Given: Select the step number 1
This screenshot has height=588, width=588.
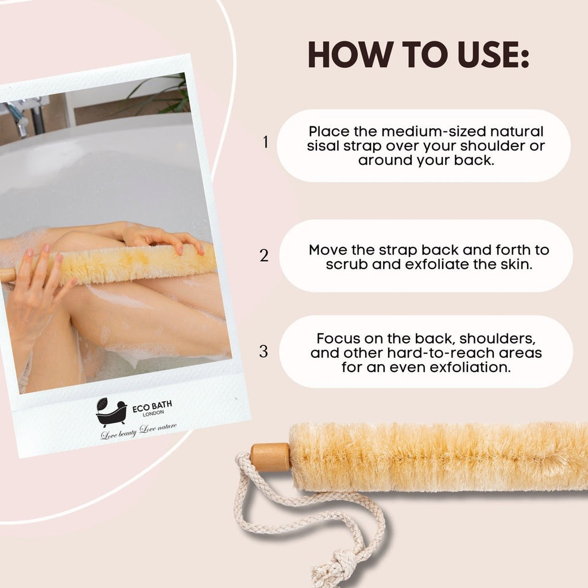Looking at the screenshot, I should pyautogui.click(x=265, y=142).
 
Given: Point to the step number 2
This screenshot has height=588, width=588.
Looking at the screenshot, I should pyautogui.click(x=264, y=256).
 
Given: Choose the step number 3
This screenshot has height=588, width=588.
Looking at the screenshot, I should pyautogui.click(x=264, y=351).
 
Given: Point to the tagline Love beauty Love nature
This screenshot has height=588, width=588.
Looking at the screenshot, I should pyautogui.click(x=139, y=430).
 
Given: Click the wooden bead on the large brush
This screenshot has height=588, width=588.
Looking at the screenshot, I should pyautogui.click(x=270, y=457).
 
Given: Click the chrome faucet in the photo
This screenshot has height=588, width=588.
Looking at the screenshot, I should pyautogui.click(x=26, y=115).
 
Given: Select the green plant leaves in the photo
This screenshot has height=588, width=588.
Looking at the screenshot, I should pyautogui.click(x=167, y=95).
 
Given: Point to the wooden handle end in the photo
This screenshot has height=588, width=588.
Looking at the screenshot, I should pyautogui.click(x=7, y=274).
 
